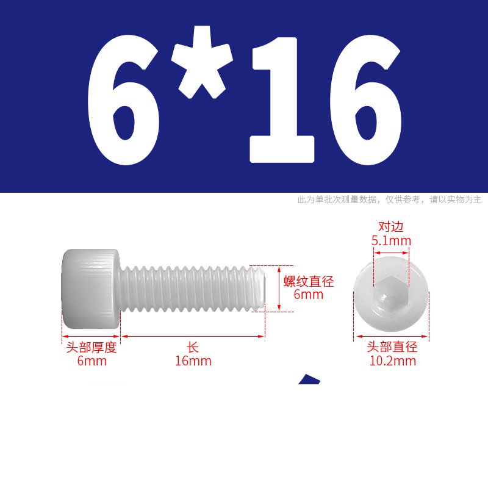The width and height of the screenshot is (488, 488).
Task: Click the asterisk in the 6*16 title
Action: (x=202, y=62)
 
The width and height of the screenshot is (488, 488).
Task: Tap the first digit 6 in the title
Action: (x=123, y=100)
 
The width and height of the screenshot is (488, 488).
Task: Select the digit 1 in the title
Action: (x=282, y=100)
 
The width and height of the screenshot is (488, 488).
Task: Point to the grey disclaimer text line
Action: (x=389, y=199)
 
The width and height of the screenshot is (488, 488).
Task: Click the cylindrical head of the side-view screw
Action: (x=91, y=289)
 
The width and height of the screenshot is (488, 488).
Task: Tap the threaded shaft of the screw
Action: (x=193, y=289)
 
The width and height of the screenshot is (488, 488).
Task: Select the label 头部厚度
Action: (x=91, y=347)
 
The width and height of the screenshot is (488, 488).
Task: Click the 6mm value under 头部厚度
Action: (x=92, y=361)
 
